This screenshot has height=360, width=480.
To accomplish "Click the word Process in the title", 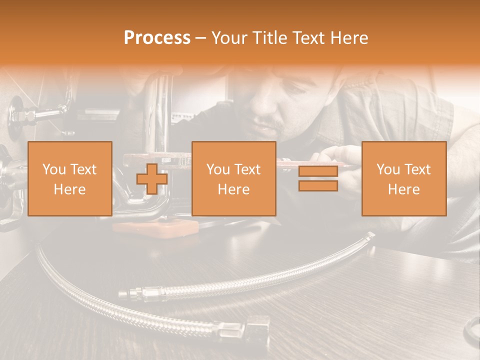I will [157, 37].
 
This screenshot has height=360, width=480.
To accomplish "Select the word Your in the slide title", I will [228, 38].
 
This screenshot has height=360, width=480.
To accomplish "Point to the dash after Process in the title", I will [200, 38].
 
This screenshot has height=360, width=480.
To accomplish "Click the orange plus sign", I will [152, 178].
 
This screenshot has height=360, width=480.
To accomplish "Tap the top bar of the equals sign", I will [318, 171].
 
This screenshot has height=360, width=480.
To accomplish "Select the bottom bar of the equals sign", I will [318, 186].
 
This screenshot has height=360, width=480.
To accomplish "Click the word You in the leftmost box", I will [54, 169].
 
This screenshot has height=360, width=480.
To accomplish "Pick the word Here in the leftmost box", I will [69, 189].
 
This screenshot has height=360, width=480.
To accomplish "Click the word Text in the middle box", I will [247, 169].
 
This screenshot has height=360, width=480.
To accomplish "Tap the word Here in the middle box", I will [234, 189].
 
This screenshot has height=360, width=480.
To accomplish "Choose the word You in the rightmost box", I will [388, 169].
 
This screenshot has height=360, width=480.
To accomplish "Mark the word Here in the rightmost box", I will [404, 189].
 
